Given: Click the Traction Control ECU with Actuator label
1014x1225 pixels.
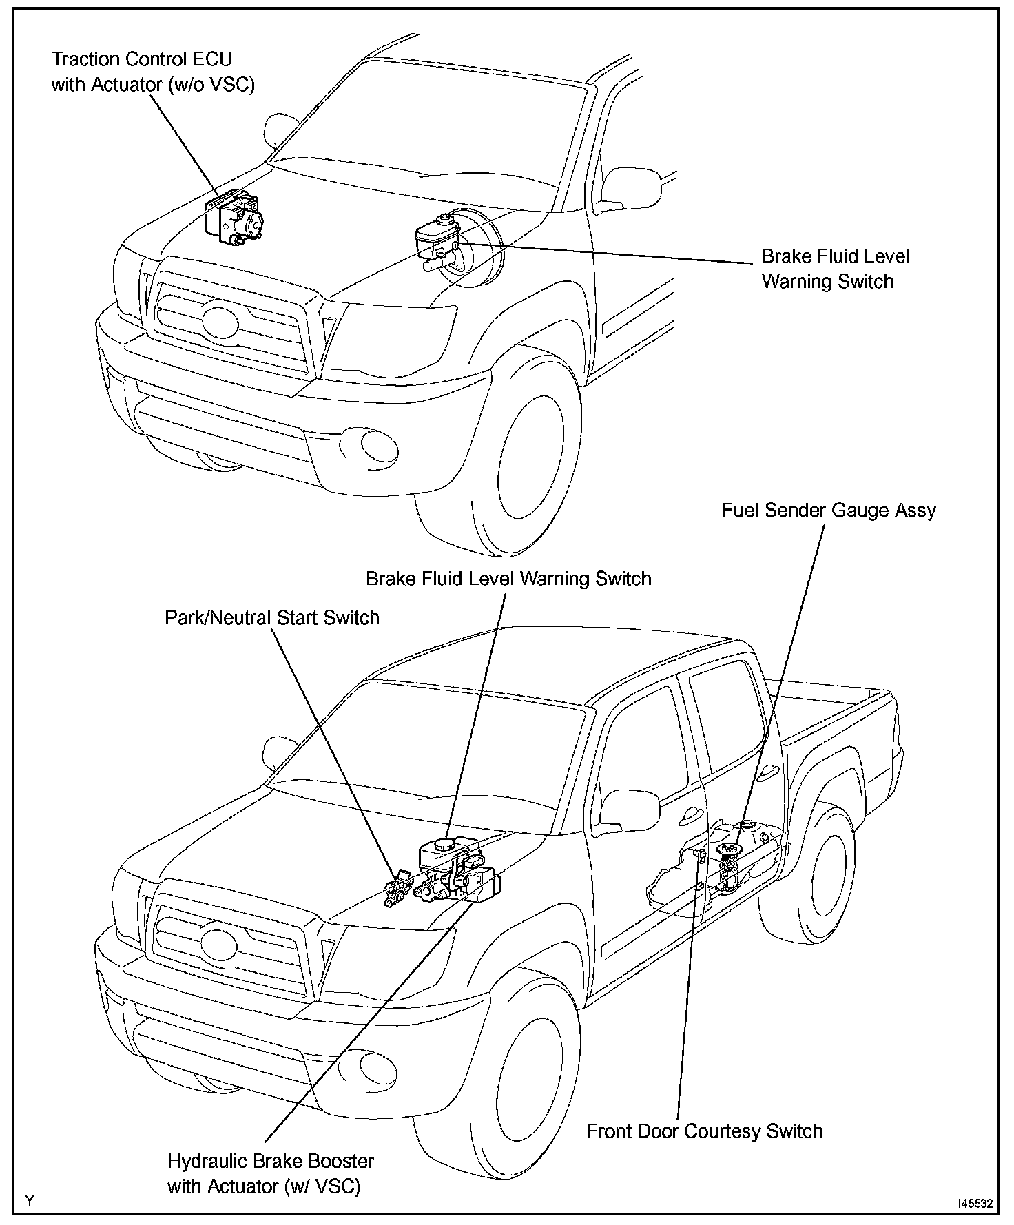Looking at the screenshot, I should click(x=153, y=72).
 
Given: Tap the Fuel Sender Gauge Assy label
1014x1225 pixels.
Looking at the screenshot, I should click(x=829, y=511).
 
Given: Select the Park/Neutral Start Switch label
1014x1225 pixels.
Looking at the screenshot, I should click(x=271, y=617).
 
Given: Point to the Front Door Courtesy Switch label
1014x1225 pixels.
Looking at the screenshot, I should click(x=704, y=1131).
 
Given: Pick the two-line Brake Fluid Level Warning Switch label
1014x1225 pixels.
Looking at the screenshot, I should click(x=835, y=269).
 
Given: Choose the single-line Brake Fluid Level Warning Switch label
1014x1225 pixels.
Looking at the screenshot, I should click(x=508, y=578).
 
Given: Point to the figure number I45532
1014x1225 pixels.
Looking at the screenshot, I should click(x=973, y=1204).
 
